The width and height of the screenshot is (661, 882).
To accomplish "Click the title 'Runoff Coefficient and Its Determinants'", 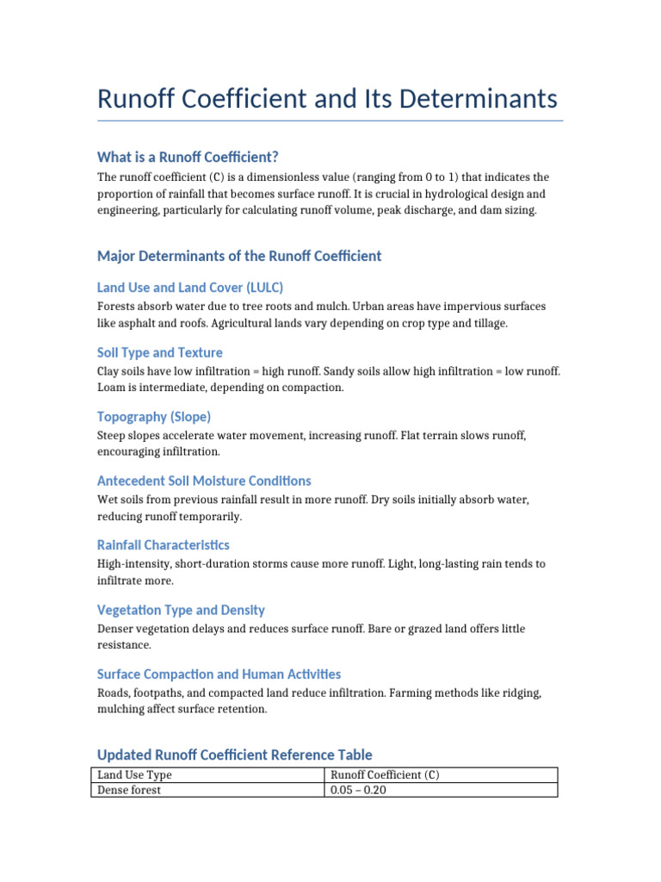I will coord(327,99).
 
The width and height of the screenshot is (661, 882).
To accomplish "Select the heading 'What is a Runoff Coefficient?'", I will coord(188,157).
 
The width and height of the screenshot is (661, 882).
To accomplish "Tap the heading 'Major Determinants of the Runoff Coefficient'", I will coord(239,256).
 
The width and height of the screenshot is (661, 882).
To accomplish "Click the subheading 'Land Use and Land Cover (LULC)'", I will coord(190,288).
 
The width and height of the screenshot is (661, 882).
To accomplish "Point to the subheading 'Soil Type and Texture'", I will coord(160,352).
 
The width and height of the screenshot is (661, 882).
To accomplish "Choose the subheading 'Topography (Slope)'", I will coord(154,417).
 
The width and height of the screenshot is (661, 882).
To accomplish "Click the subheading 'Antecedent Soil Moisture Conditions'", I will coord(204,481).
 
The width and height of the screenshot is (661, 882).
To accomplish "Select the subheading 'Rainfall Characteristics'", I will coord(164,545).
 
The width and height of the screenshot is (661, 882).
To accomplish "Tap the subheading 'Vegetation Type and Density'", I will coord(181,610).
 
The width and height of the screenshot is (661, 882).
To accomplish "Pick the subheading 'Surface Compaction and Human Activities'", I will coord(219,674).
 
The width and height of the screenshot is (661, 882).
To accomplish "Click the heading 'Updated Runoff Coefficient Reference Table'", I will coord(235,755).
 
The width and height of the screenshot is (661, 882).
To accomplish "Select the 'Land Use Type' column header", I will coord(134,775).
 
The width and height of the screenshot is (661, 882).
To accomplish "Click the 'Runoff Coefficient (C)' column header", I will coord(385,775).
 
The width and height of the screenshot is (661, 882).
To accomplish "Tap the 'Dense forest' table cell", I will coord(129,790).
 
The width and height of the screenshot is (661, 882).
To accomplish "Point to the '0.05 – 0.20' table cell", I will coord(359,790).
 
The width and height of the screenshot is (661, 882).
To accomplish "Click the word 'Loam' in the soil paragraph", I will coord(112,388).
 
